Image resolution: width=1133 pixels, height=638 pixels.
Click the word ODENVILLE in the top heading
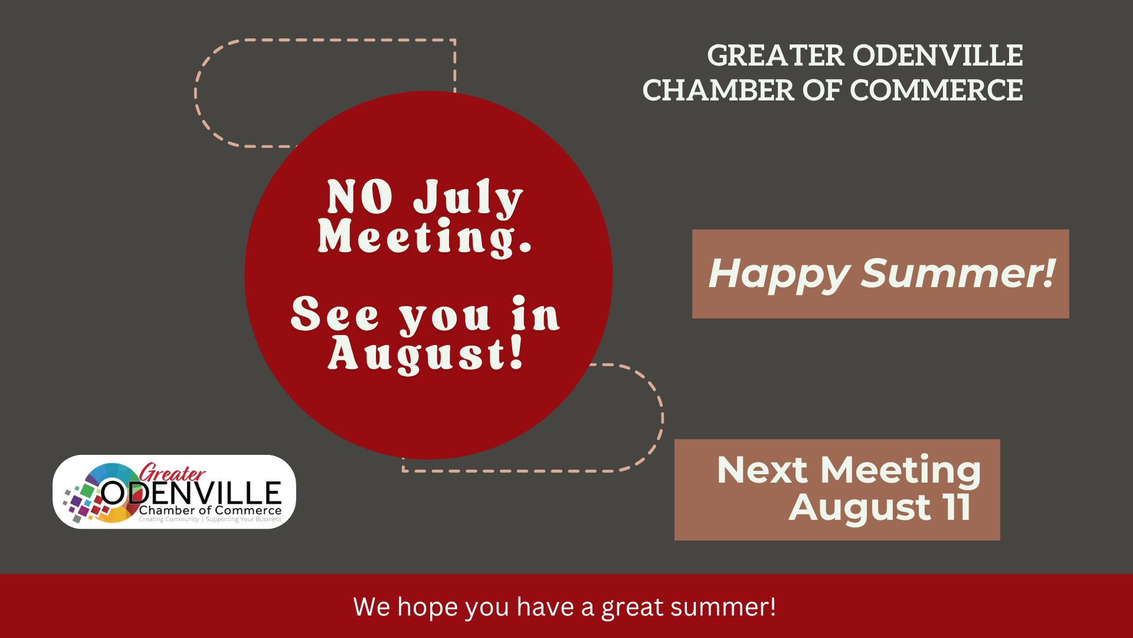click(938, 56)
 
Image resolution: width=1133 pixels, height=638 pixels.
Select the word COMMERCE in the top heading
click(936, 90)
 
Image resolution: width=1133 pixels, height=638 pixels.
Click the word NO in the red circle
click(360, 197)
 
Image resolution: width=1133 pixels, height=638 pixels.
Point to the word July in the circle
click(468, 198)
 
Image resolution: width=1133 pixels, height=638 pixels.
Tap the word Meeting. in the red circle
click(425, 237)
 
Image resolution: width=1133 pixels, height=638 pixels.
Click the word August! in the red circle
click(426, 354)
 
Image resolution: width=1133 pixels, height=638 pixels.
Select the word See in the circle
click(335, 314)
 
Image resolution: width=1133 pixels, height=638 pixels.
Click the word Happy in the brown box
click(779, 275)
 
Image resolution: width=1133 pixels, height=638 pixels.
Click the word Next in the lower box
click(762, 470)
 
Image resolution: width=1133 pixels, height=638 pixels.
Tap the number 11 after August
click(957, 507)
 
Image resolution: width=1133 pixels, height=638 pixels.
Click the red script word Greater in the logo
click(172, 473)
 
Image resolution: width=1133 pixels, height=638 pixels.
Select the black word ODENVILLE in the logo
click(191, 493)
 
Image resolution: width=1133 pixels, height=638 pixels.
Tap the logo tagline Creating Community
click(169, 520)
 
